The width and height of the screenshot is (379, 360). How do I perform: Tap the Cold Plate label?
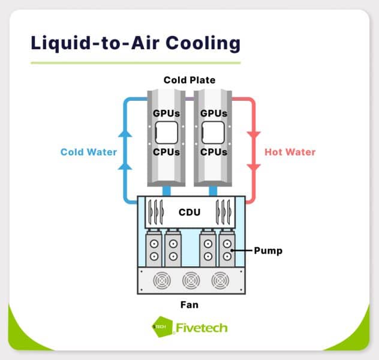(x=189, y=80)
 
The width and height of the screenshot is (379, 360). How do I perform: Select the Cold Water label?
(x=89, y=152)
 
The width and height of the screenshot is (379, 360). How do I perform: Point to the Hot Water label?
(x=290, y=152)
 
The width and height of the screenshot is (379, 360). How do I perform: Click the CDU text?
(x=189, y=212)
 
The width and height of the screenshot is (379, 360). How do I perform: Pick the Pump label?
(x=268, y=250)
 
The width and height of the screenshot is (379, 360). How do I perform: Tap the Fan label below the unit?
(x=189, y=305)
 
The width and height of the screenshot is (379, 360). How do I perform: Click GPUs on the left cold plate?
(x=165, y=113)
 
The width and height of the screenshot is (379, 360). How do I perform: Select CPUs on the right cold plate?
(x=214, y=152)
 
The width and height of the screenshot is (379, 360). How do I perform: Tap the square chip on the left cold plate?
(x=166, y=132)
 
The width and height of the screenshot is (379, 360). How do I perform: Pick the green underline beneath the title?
(x=136, y=62)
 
